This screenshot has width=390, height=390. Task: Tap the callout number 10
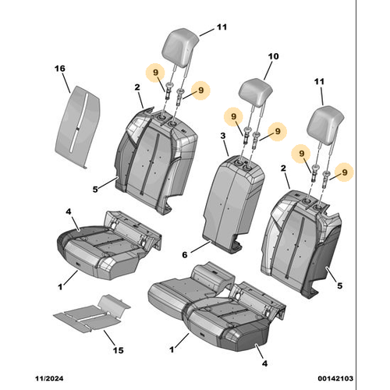click(x=273, y=56)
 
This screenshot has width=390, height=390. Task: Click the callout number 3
click(x=223, y=136)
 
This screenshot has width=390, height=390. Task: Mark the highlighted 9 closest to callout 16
click(x=157, y=73)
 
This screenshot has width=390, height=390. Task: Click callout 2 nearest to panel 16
click(x=136, y=88)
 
